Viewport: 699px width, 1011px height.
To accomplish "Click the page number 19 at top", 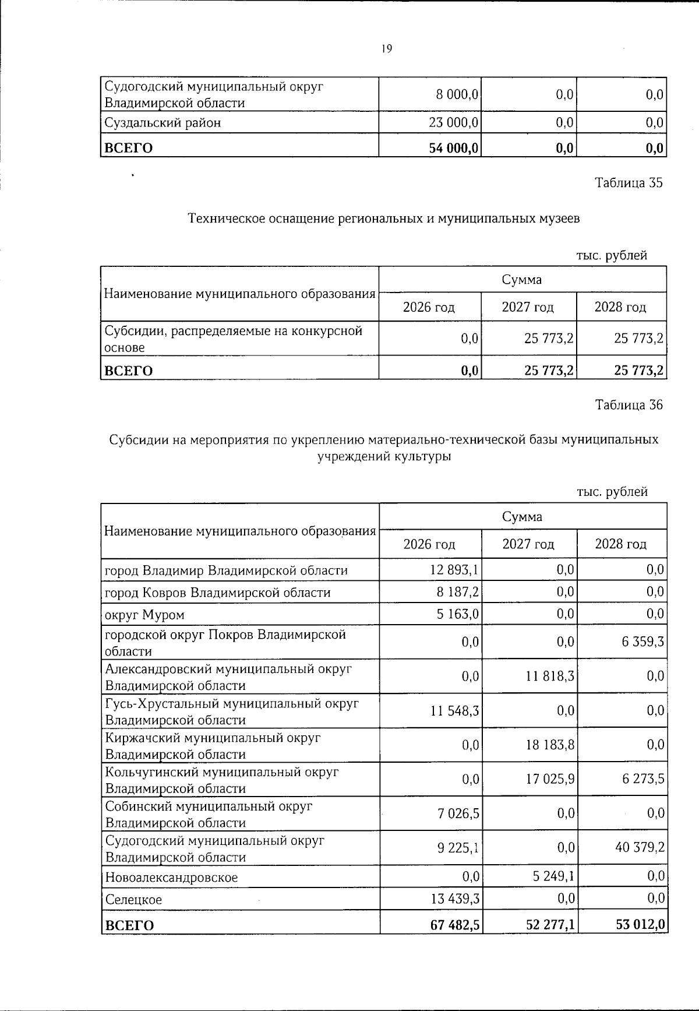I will point(387,49).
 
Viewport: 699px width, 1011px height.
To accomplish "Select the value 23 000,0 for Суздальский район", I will point(454,123).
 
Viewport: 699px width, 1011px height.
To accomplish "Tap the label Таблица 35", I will point(629,183).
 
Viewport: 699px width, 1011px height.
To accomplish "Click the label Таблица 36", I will point(629,405).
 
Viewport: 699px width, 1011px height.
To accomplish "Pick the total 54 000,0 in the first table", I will point(454,148).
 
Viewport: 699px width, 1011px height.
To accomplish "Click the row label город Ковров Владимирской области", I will point(217,593).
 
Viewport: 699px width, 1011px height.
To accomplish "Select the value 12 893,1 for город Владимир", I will point(454,570).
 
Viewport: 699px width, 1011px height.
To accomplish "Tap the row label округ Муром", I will point(144,615).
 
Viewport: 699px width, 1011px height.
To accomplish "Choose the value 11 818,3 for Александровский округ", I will point(549,677).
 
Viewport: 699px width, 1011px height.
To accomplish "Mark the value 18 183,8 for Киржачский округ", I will point(549,745).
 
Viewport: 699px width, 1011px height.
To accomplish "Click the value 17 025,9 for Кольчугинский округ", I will point(549,779).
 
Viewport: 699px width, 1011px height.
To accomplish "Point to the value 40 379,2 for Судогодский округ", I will point(640,848).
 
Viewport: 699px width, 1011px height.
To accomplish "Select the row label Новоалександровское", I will point(171,877).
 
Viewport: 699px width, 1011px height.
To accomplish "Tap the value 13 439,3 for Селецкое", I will point(454,899).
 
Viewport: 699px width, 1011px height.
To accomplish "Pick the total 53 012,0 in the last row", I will point(640,925).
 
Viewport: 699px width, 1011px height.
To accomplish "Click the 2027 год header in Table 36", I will point(528,544).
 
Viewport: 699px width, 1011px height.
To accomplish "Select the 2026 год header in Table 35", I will point(429,307).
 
